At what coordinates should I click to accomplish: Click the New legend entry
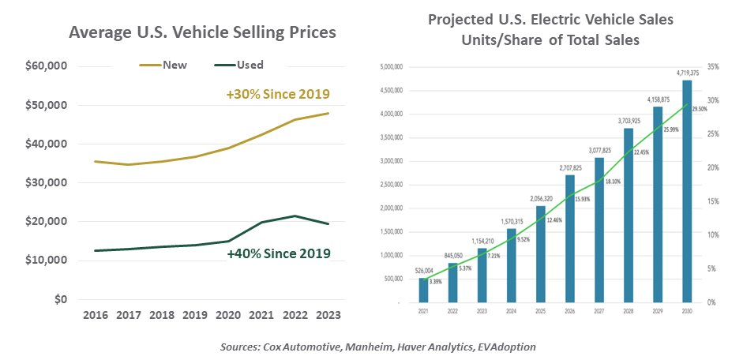pos(174,65)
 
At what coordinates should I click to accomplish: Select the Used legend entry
pos(250,65)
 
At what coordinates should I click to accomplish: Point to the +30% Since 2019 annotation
pos(277,95)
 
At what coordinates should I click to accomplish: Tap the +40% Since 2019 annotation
pos(278,253)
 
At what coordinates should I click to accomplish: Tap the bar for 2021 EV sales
pos(423,290)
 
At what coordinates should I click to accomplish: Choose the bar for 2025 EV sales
pos(540,253)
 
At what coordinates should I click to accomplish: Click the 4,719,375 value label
pos(687,73)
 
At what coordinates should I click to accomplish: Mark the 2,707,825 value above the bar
pos(569,168)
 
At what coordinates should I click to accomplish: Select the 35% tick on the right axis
pos(713,67)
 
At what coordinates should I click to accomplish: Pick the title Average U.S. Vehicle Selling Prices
pos(203,32)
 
